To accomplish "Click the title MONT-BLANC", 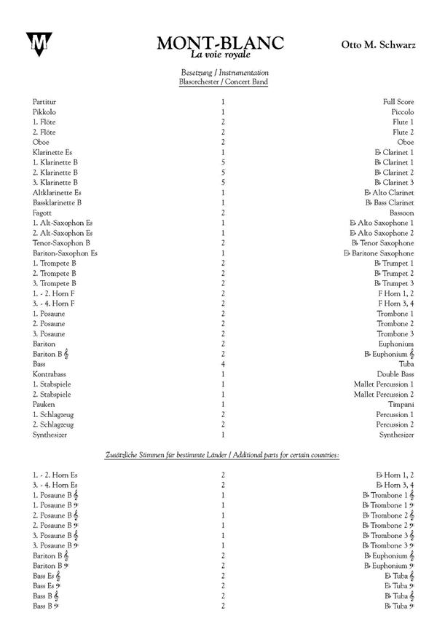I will pyautogui.click(x=220, y=44).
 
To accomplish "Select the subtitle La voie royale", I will pyautogui.click(x=220, y=55).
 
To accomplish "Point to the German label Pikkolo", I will pyautogui.click(x=44, y=112).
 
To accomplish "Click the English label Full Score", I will pyautogui.click(x=397, y=102).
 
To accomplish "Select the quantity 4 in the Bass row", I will pyautogui.click(x=223, y=363).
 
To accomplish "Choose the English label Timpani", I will pyautogui.click(x=401, y=404).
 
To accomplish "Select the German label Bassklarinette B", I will pyautogui.click(x=57, y=202).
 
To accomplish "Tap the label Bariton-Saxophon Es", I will pyautogui.click(x=65, y=253).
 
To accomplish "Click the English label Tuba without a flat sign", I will pyautogui.click(x=406, y=363).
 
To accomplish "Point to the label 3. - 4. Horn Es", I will pyautogui.click(x=55, y=484).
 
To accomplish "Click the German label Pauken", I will pyautogui.click(x=44, y=404).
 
